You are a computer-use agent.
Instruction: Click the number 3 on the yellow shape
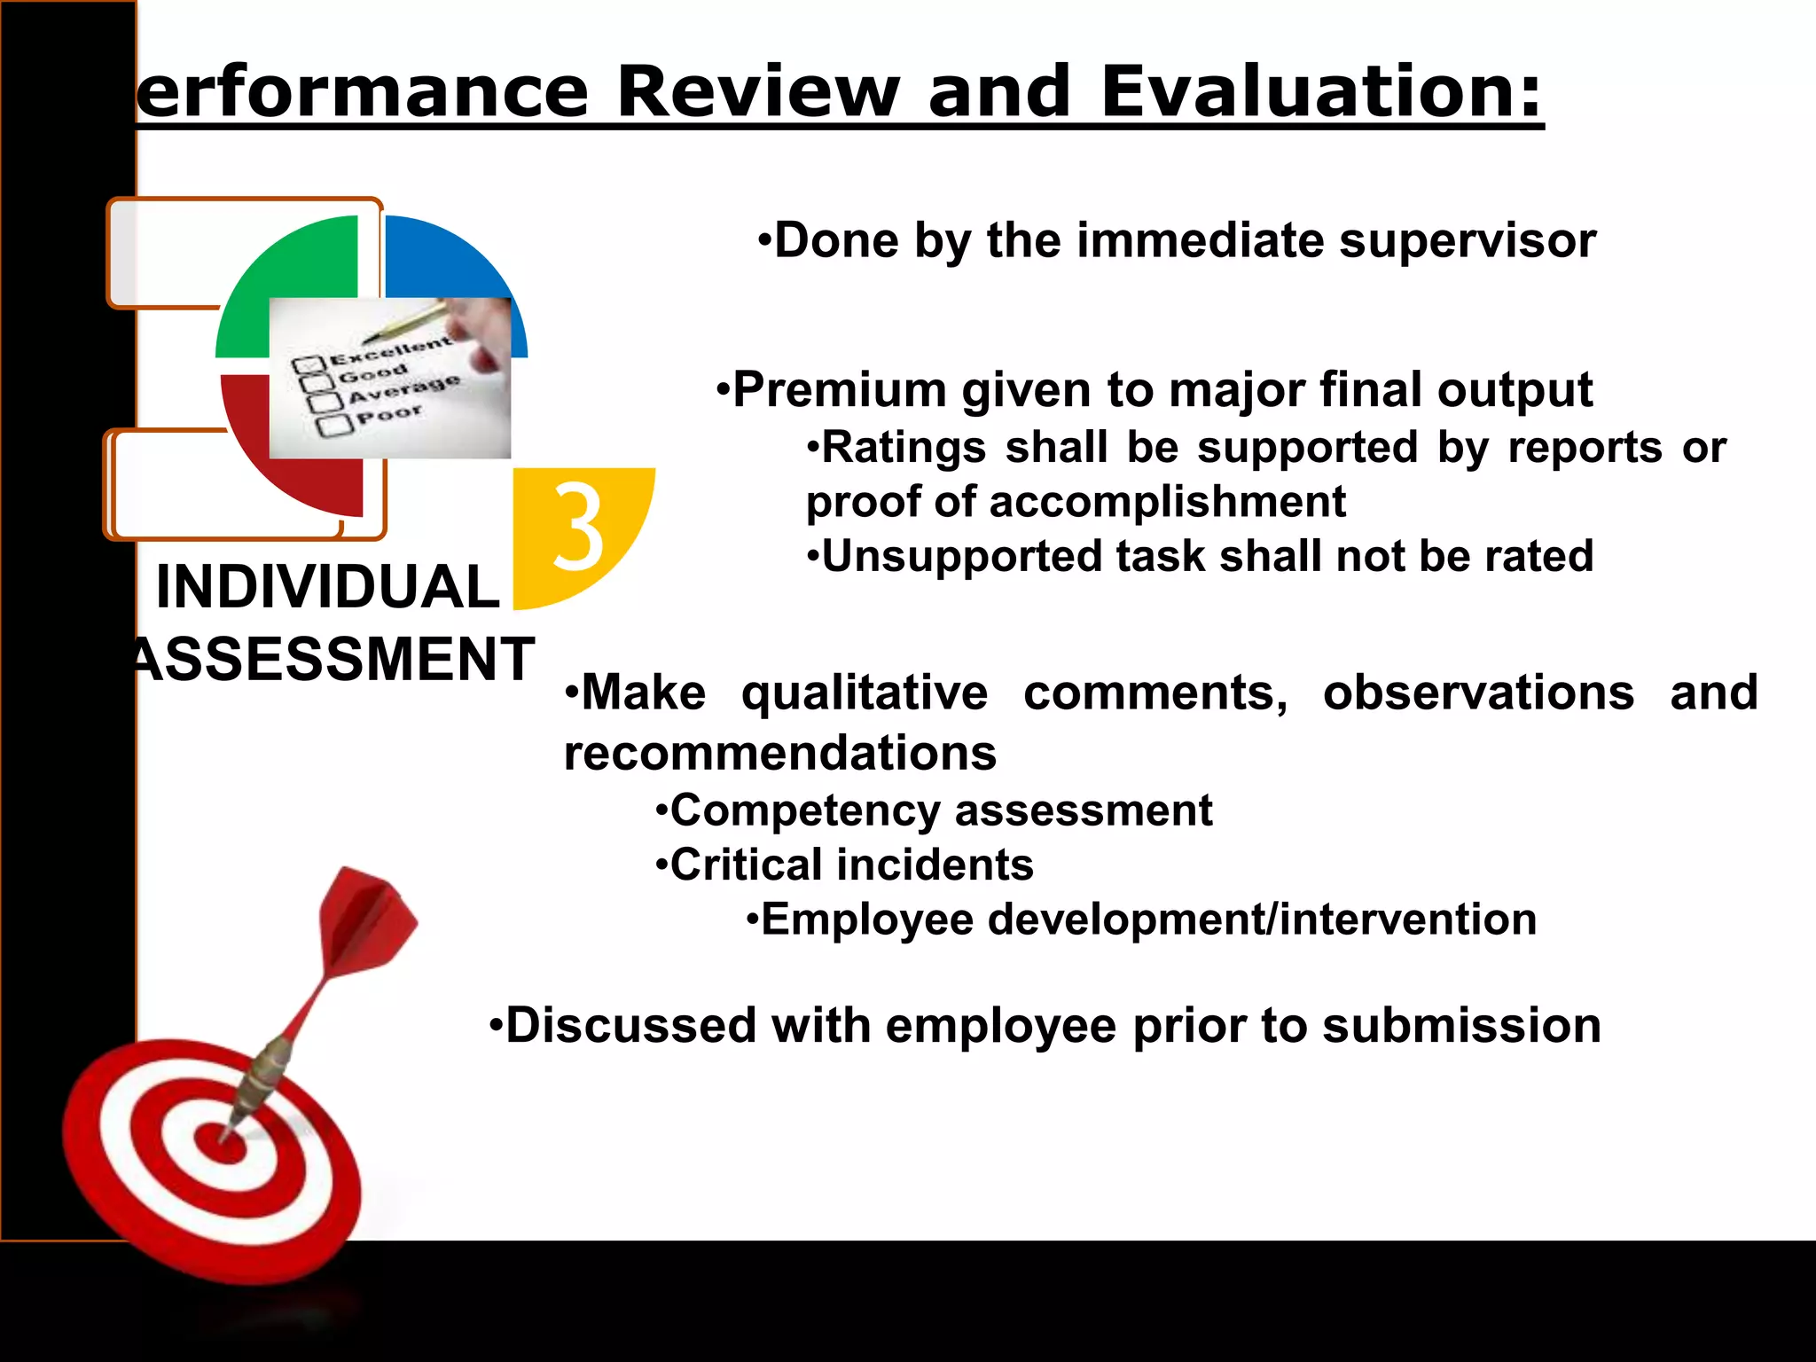click(578, 527)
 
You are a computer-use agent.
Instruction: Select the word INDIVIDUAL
click(327, 587)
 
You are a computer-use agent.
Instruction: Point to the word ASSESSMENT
click(333, 659)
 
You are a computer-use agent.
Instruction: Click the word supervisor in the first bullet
click(1468, 240)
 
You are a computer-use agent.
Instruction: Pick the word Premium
click(840, 390)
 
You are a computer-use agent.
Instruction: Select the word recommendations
click(780, 754)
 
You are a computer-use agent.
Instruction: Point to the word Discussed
click(630, 1026)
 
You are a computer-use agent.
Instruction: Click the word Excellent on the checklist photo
click(390, 351)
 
